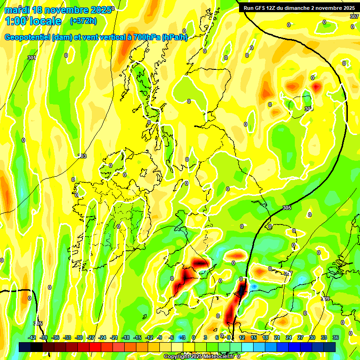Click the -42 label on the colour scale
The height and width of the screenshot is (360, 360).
pyautogui.click(x=32, y=337)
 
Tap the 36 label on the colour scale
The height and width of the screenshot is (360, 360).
pyautogui.click(x=336, y=337)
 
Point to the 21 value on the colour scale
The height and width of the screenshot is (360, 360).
pyautogui.click(x=277, y=337)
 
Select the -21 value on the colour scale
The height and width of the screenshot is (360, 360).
pyautogui.click(x=114, y=337)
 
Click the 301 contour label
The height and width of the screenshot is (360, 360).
pyautogui.click(x=31, y=58)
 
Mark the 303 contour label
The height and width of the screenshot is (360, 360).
pyautogui.click(x=82, y=156)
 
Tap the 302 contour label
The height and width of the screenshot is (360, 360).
pyautogui.click(x=308, y=109)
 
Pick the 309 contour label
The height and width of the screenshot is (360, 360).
pyautogui.click(x=325, y=299)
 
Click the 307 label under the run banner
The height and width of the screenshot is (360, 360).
pyautogui.click(x=354, y=16)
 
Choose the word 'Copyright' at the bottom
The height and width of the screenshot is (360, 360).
pyautogui.click(x=177, y=357)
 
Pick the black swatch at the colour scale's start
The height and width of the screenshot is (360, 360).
pyautogui.click(x=25, y=347)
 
